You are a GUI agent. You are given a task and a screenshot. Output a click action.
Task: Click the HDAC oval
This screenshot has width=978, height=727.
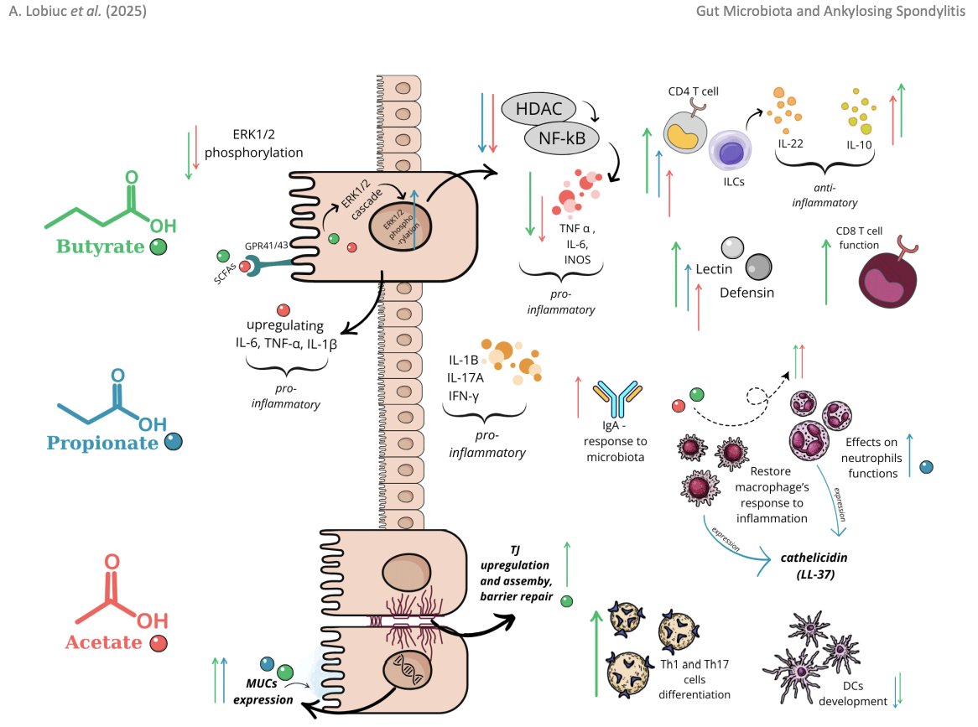538,107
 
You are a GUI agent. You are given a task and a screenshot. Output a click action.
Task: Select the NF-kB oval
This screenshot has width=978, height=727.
567,138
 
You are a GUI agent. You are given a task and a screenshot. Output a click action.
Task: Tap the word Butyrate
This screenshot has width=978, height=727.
100,247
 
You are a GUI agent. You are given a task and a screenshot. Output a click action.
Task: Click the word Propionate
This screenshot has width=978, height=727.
102,442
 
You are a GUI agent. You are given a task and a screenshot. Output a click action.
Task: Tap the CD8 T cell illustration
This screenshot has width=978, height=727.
892,281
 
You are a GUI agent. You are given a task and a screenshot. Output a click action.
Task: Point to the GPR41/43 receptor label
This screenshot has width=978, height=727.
268,246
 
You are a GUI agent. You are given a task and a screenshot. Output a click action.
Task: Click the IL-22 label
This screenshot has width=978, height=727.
790,143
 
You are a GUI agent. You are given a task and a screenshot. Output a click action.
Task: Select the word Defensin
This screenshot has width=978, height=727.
747,293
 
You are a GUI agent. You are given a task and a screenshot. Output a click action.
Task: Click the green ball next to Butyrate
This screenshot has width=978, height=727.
158,247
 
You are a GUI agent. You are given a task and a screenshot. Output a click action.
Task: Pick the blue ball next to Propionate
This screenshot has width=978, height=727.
174,442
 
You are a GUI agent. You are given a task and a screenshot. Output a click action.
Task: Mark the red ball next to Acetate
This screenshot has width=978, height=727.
158,644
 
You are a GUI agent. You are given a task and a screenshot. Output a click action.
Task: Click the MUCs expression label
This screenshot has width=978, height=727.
263,692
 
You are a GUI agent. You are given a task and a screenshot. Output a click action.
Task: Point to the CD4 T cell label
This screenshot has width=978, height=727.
694,90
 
